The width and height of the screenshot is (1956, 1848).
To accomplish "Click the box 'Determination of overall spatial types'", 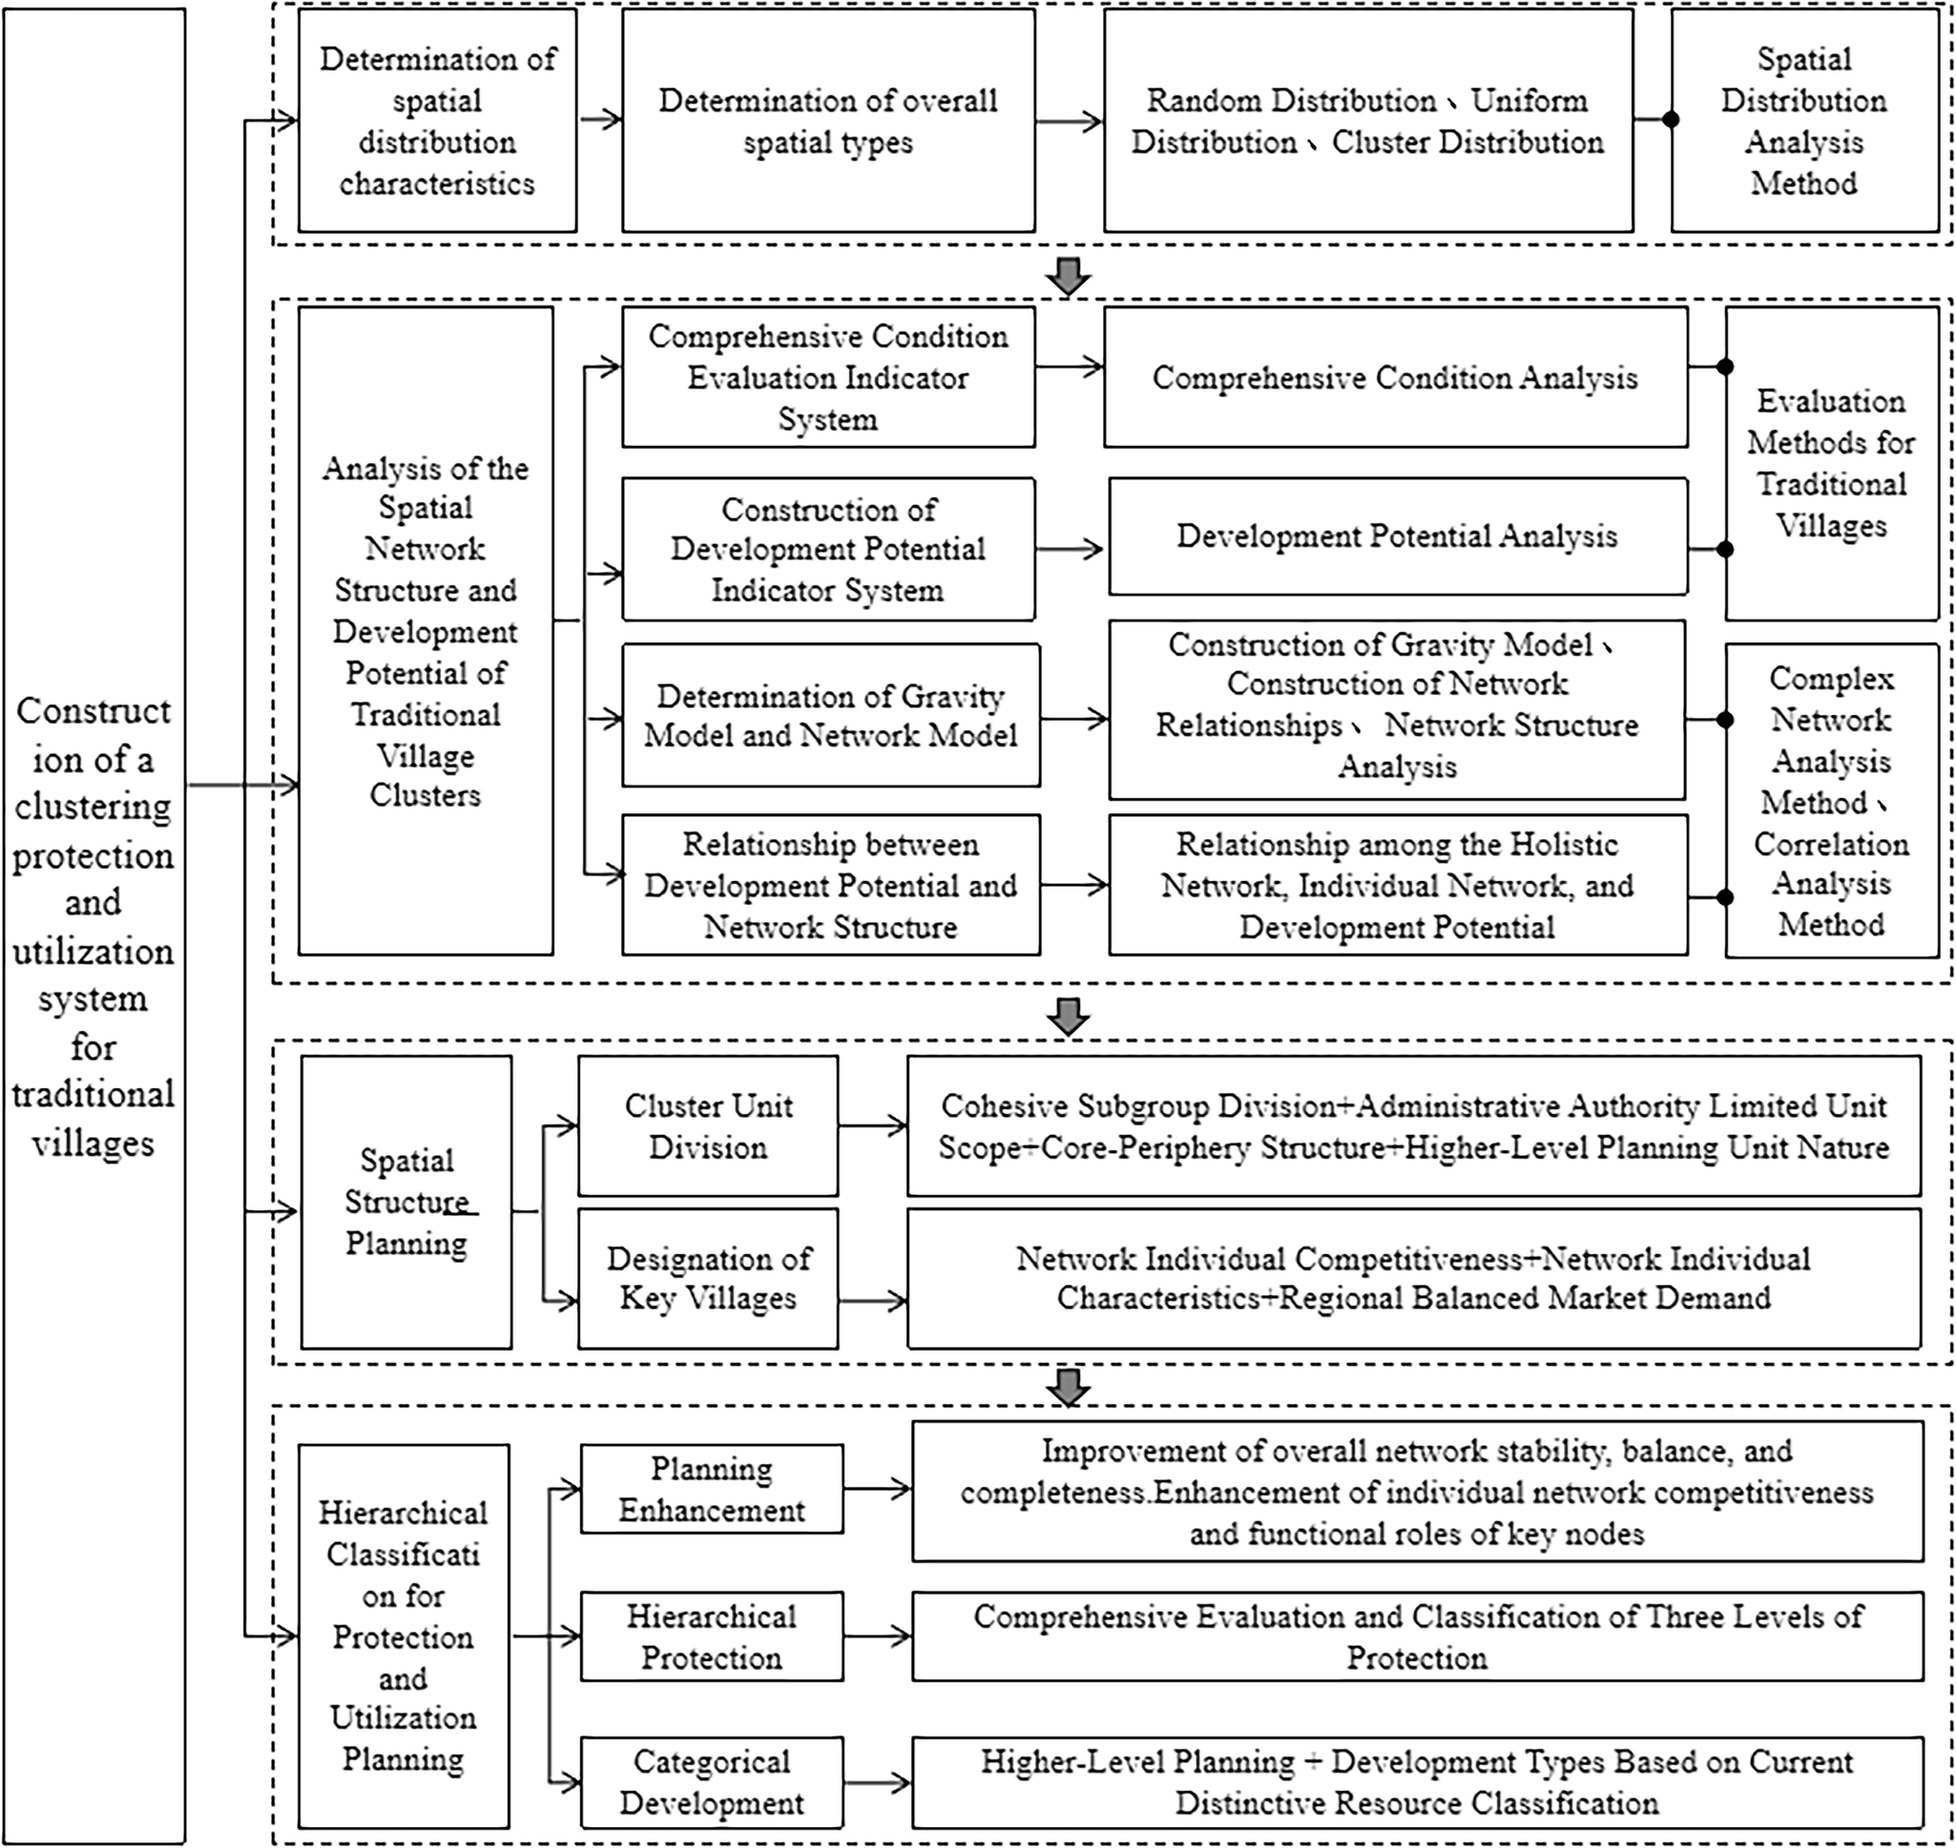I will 827,121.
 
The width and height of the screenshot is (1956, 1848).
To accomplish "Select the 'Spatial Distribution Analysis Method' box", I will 1803,121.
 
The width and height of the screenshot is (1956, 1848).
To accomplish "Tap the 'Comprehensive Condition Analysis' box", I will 1395,377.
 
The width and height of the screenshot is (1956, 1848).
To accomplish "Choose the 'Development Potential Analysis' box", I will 1397,535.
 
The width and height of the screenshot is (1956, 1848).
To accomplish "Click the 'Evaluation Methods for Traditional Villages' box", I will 1831,463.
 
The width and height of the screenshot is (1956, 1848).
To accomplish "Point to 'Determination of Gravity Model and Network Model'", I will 830,715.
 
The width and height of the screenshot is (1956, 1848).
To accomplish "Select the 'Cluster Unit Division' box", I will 707,1126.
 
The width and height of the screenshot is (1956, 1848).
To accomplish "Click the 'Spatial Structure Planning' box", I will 406,1202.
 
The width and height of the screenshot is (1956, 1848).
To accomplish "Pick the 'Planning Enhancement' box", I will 711,1488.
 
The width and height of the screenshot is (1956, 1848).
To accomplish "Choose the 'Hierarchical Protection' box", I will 711,1636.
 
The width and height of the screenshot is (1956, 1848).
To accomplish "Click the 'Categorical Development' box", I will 711,1782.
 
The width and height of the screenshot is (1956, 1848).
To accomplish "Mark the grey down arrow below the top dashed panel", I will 1069,275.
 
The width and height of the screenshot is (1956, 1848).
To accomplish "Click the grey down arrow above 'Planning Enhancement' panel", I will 1069,1385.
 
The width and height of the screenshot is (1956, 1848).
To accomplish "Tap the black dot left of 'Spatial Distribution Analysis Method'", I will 1671,120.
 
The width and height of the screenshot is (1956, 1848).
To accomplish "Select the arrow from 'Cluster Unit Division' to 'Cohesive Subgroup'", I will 873,1125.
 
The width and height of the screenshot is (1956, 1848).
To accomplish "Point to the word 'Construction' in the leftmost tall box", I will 94,711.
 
